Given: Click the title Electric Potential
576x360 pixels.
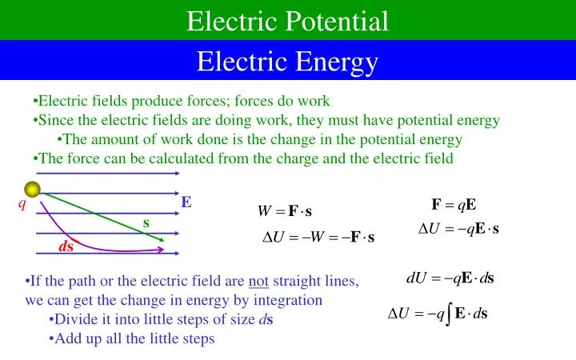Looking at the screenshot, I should point(287,21).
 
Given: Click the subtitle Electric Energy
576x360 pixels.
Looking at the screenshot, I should point(287,61).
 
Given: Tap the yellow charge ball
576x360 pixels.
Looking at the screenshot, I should point(32,190).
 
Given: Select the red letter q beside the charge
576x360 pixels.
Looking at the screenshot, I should point(22,204).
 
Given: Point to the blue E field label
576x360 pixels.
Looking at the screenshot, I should point(186,202).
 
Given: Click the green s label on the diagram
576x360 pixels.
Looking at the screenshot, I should point(146,222).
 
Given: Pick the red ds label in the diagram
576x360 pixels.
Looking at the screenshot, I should point(66,246).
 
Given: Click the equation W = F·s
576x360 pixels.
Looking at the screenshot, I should point(284,212).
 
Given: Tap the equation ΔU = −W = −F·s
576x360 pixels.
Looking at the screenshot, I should point(318,238).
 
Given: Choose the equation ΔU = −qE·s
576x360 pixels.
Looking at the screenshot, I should point(458,229).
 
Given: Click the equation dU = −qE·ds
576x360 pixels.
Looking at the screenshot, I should point(450,278).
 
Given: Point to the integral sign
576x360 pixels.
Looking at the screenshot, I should point(449,314).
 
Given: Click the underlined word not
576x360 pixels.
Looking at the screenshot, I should point(258,282).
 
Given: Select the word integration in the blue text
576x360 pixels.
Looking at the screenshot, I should point(293,301).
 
